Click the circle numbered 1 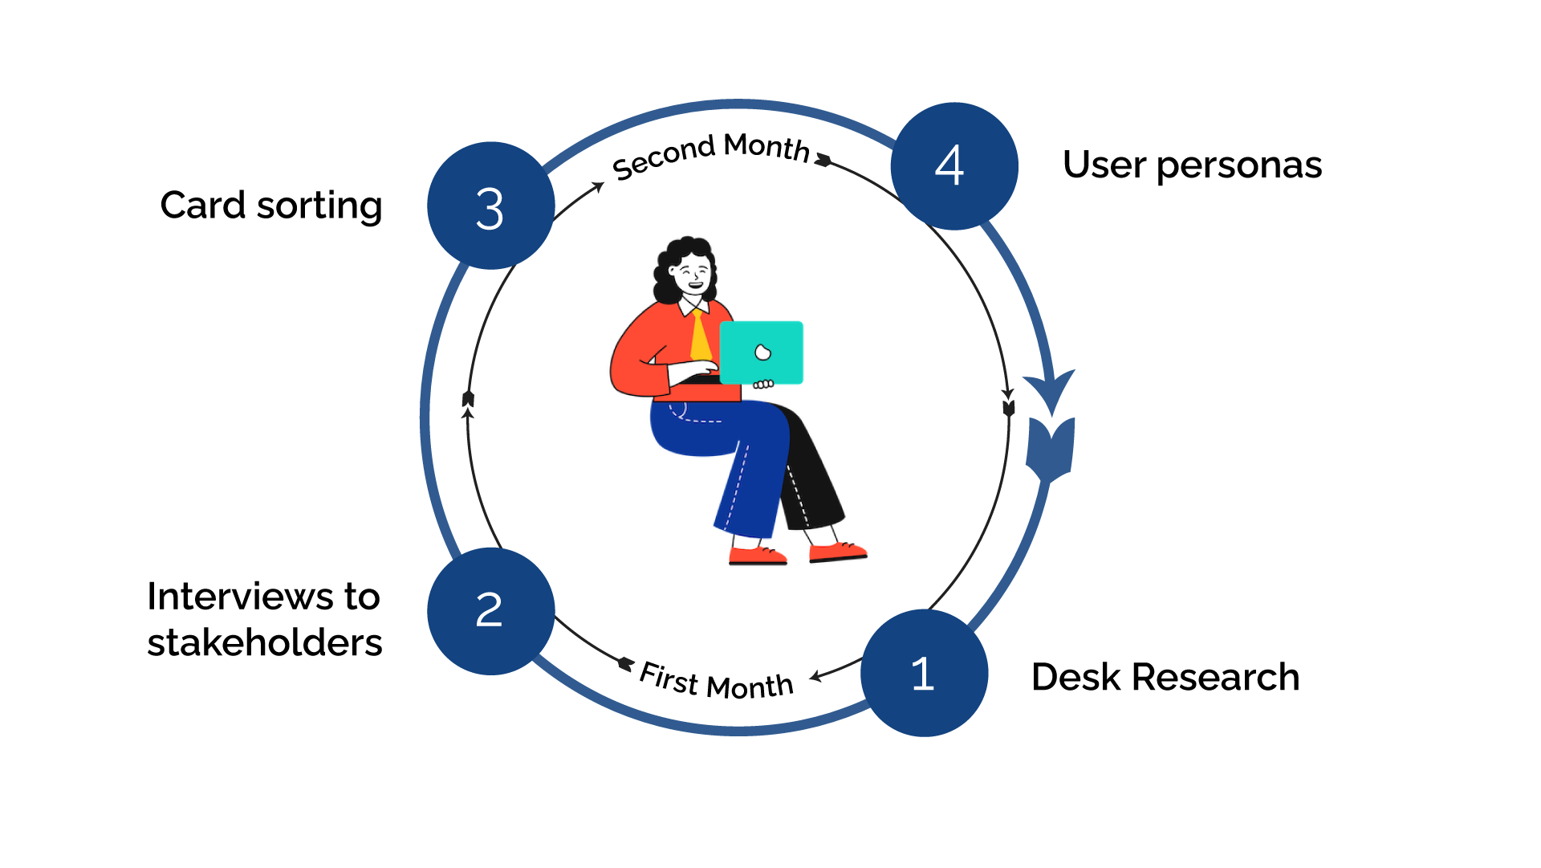924,673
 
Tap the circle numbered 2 490,611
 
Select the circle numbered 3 490,206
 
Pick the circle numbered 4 953,166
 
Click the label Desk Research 1165,677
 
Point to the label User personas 1192,165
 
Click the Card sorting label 271,206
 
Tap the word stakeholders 265,642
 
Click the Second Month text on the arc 710,154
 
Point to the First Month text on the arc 716,682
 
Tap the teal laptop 761,352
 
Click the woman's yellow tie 700,337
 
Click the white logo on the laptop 762,352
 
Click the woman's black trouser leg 815,474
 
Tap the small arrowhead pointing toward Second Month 597,187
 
